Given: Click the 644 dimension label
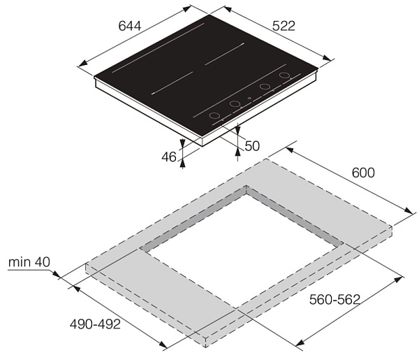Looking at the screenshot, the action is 130,26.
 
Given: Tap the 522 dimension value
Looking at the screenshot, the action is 284,26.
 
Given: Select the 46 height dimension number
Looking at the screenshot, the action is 169,157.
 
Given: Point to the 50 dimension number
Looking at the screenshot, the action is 252,146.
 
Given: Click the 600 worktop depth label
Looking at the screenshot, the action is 363,173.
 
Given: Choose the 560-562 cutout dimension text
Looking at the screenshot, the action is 335,300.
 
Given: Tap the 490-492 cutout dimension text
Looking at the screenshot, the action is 96,324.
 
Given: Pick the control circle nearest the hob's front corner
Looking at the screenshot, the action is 214,116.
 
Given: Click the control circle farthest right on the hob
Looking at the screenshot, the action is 284,75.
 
